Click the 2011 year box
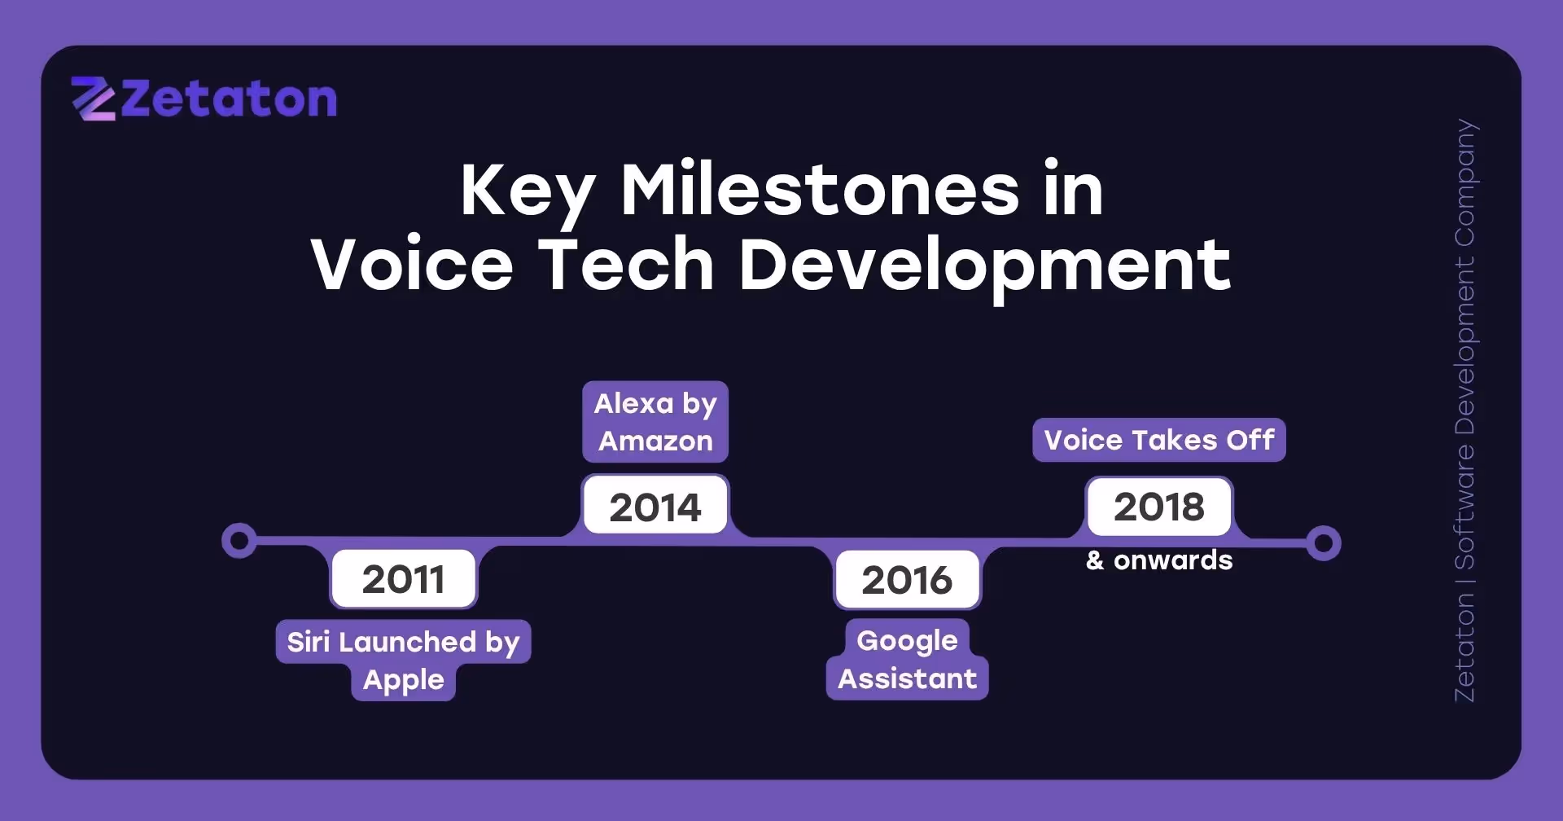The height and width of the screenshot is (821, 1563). click(x=403, y=579)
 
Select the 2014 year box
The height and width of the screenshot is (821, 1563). click(x=655, y=507)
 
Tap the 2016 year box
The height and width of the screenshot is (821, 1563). click(x=907, y=580)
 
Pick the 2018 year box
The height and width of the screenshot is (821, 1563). click(x=1158, y=507)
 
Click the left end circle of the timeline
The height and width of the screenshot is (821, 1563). click(x=239, y=541)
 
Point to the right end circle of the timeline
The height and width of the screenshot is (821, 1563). click(x=1324, y=542)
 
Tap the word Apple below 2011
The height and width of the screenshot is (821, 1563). click(x=404, y=680)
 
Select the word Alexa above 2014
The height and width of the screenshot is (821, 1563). click(x=633, y=403)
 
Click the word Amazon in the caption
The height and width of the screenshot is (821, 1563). click(x=655, y=441)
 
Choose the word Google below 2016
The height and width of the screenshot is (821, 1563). click(x=907, y=641)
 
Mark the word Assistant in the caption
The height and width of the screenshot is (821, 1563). click(x=907, y=678)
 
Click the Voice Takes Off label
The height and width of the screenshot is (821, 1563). click(x=1158, y=440)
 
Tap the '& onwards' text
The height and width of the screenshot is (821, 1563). click(x=1158, y=560)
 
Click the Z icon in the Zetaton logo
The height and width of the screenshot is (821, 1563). click(x=93, y=99)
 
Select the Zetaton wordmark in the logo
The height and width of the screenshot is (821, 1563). click(x=229, y=100)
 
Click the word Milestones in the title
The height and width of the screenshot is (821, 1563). click(x=819, y=190)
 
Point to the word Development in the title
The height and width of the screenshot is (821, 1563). click(x=984, y=265)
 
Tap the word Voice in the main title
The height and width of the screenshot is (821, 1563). click(x=412, y=265)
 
